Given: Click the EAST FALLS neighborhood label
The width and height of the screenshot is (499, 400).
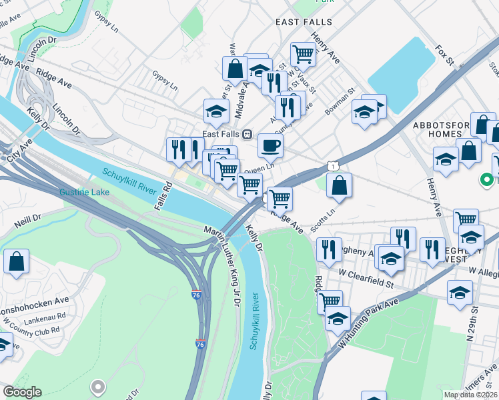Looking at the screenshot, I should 304,22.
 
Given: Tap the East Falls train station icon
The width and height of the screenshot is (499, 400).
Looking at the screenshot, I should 247,134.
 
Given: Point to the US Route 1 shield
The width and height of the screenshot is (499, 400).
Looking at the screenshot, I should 332,165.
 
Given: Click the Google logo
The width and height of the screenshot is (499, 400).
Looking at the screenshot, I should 23,392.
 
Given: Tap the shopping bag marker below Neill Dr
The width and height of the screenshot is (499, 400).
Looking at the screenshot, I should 16,262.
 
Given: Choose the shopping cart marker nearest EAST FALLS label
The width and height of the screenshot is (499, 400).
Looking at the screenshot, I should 303,53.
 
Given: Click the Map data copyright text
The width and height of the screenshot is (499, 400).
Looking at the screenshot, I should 470,395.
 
